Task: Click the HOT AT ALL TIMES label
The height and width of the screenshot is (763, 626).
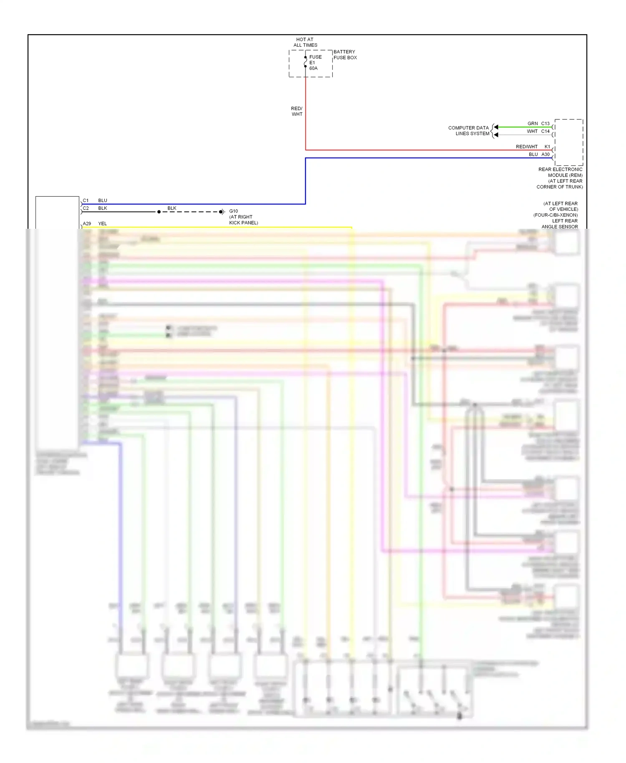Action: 305,42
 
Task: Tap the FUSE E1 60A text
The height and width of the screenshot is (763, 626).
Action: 315,63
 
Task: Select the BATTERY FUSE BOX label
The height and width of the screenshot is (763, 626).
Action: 345,55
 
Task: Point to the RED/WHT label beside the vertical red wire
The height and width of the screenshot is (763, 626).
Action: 297,111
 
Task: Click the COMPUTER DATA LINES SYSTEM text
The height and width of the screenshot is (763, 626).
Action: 469,131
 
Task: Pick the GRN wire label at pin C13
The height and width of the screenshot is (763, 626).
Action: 533,124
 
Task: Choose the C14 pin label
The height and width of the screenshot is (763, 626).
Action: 545,131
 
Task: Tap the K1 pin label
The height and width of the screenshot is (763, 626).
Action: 547,147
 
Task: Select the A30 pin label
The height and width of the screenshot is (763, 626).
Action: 545,154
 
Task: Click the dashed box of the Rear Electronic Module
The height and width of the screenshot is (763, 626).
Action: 568,142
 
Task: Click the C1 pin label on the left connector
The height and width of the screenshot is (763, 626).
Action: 86,200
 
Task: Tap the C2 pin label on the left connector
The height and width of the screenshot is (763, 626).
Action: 86,208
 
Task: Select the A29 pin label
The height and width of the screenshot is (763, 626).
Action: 87,224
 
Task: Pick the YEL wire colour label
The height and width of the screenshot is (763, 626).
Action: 102,224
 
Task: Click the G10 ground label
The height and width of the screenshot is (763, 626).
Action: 233,211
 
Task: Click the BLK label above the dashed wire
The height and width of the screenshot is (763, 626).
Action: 172,208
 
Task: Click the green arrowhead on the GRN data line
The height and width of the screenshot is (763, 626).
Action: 496,127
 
